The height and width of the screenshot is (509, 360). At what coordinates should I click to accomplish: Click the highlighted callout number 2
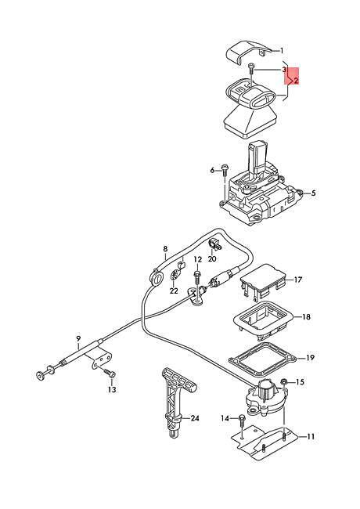pyautogui.click(x=296, y=81)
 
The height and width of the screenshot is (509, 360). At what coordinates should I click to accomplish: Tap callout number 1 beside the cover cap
pyautogui.click(x=282, y=51)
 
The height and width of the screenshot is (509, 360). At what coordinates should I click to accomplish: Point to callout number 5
pyautogui.click(x=313, y=193)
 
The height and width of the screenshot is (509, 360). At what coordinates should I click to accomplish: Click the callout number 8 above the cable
pyautogui.click(x=165, y=249)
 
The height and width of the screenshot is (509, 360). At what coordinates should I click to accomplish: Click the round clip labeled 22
pyautogui.click(x=175, y=276)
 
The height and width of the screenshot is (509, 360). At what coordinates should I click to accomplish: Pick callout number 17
pyautogui.click(x=297, y=280)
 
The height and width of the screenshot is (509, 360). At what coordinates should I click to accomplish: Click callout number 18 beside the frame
pyautogui.click(x=306, y=316)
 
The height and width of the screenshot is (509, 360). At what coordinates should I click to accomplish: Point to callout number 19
pyautogui.click(x=311, y=357)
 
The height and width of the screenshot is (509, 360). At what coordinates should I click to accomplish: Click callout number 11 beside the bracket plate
pyautogui.click(x=311, y=437)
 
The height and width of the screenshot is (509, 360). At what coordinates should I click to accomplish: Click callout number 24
pyautogui.click(x=195, y=418)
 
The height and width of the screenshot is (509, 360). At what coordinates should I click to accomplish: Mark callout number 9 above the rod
pyautogui.click(x=78, y=338)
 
